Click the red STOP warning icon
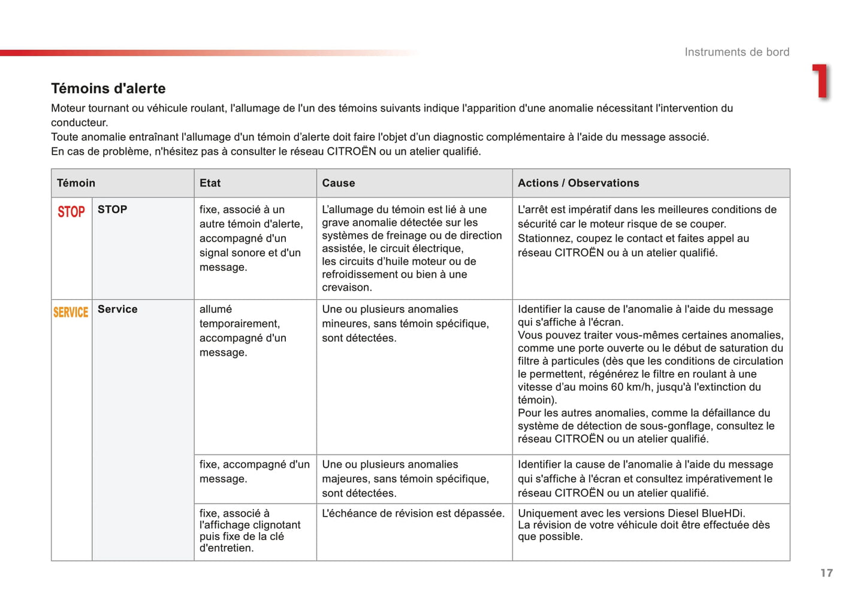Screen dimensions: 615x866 point(71,212)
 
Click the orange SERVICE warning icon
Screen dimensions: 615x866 point(71,312)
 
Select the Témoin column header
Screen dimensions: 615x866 point(76,183)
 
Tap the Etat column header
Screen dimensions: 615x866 point(210,183)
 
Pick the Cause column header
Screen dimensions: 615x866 point(339,183)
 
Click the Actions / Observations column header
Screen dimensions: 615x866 point(578,183)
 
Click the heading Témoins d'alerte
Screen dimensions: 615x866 point(108,89)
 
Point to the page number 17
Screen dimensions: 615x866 point(826,573)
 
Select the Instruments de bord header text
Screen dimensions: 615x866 point(737,52)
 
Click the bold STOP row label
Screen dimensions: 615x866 point(113,210)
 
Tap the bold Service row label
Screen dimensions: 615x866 point(117,309)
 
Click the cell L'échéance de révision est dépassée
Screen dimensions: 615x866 point(413,514)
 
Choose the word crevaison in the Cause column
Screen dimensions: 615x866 point(347,288)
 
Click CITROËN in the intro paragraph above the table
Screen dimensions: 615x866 point(351,152)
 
